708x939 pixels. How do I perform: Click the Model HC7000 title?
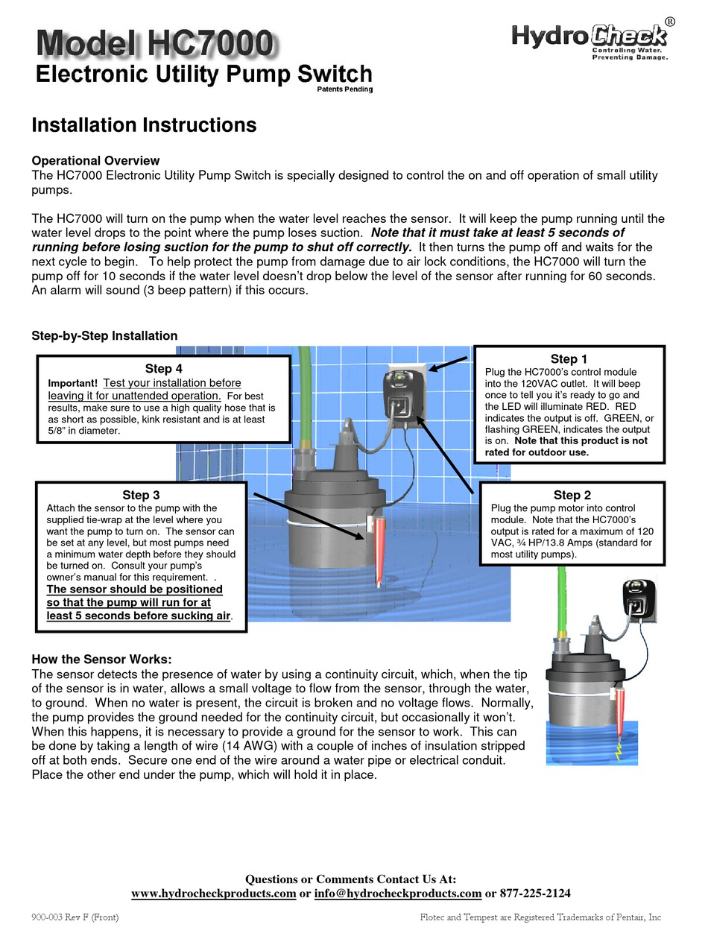coord(154,45)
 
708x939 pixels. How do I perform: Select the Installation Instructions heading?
coord(144,125)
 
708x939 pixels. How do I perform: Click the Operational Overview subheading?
coord(95,160)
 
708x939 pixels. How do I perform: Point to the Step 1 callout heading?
coord(569,359)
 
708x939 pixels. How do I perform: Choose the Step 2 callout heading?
coord(572,495)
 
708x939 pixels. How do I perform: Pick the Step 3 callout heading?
coord(141,495)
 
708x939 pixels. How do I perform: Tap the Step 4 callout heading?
coord(164,368)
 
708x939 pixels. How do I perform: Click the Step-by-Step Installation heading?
coord(104,336)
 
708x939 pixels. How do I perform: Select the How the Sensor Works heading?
coord(101,660)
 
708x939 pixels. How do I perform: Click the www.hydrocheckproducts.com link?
coord(214,893)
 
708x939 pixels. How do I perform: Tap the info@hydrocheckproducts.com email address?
coord(398,893)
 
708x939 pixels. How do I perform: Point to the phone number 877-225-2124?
coord(535,893)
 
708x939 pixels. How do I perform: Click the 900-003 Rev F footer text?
coord(75,917)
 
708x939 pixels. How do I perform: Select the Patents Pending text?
coord(345,89)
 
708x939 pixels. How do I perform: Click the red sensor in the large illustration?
coord(381,548)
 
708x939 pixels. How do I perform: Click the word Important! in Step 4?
coord(73,383)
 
